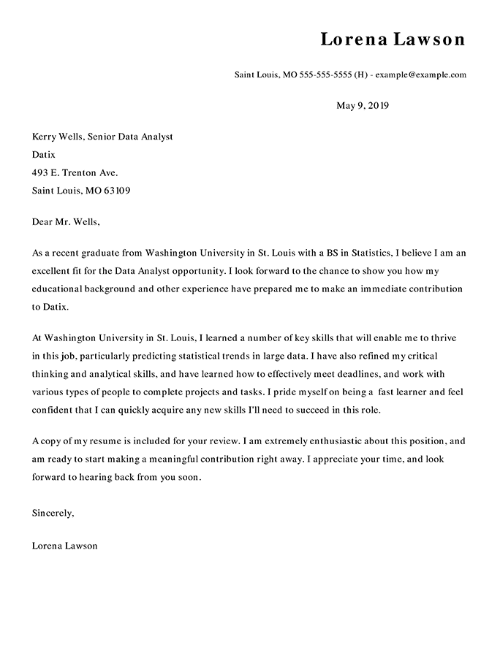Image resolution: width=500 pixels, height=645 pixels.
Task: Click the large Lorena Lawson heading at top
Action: [393, 39]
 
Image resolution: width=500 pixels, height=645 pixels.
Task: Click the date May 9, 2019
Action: [363, 106]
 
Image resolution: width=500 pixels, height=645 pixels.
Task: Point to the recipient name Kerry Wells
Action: [57, 137]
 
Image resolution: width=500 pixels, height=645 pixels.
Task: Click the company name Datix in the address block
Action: [44, 155]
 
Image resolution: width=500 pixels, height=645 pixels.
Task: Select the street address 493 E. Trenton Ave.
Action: [75, 173]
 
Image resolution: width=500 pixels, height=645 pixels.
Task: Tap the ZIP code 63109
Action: [118, 191]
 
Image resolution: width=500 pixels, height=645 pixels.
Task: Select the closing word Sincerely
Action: [53, 514]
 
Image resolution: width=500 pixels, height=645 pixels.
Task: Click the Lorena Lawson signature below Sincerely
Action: [65, 546]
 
